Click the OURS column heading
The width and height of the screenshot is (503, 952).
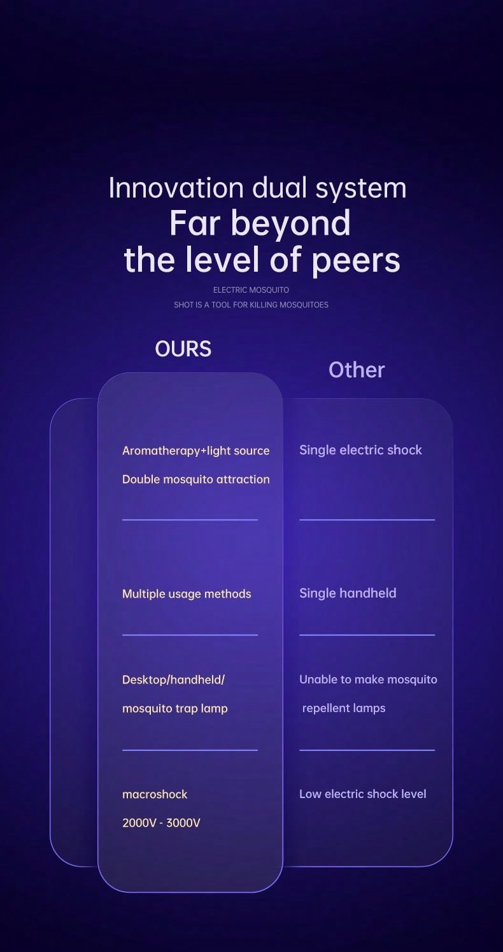183,349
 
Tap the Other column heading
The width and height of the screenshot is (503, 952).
357,370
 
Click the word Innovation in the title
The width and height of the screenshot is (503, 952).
176,188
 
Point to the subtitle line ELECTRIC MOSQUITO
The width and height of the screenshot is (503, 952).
251,290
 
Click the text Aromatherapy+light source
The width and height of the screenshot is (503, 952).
195,451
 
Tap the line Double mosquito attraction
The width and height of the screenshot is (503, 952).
195,479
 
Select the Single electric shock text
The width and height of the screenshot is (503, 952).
360,450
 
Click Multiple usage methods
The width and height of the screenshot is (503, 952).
186,594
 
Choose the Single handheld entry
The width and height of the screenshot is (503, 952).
348,593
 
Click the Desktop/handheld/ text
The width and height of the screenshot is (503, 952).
173,680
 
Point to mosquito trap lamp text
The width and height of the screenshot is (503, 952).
174,709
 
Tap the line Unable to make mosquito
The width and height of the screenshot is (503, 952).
368,680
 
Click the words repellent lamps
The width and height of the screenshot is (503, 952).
344,708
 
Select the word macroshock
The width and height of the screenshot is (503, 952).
155,795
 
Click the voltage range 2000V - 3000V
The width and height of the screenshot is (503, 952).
161,823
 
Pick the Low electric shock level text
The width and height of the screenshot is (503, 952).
363,794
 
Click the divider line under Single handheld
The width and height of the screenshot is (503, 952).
367,635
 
